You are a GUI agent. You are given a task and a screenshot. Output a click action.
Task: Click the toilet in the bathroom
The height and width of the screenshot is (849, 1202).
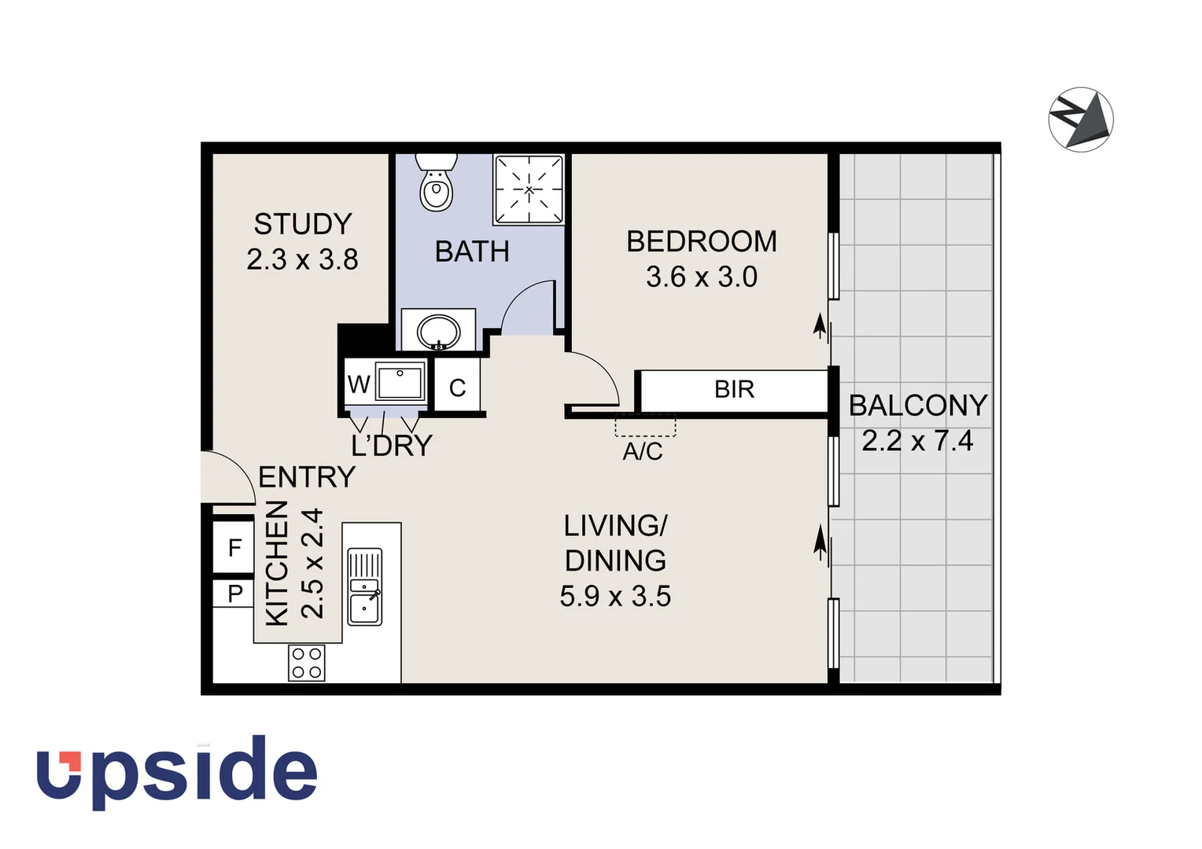pos(436,185)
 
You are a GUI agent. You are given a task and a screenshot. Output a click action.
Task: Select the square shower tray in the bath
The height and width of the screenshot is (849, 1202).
pos(529,189)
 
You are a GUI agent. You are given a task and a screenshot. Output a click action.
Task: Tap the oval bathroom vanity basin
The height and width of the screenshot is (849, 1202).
pos(438,330)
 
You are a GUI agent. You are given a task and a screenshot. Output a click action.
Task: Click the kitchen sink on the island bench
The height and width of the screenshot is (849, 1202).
pos(364,586)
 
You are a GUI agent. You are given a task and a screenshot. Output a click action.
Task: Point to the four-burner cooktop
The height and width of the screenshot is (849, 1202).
pos(306,662)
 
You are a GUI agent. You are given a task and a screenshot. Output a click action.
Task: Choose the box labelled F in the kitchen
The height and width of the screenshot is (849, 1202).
pos(234,547)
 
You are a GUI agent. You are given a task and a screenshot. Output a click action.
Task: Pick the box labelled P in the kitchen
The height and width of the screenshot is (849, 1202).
pos(234,594)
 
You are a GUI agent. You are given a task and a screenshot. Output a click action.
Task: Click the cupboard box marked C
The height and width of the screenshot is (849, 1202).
pos(457,388)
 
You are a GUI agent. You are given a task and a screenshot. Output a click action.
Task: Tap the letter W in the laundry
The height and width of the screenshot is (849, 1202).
pos(359,384)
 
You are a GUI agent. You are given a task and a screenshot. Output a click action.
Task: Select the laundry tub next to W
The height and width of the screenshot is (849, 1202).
pos(400,383)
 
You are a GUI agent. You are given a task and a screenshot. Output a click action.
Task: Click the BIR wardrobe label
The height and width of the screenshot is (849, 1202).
pos(734,389)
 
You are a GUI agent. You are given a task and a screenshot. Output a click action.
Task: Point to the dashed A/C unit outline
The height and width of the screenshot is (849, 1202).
pos(645,425)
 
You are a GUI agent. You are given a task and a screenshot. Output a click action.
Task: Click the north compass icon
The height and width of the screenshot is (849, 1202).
pos(1081,119)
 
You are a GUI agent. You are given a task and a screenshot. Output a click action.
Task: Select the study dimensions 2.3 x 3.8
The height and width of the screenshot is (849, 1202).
pos(302,259)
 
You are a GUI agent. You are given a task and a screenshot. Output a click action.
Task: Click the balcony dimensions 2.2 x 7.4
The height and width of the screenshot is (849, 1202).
pos(917,441)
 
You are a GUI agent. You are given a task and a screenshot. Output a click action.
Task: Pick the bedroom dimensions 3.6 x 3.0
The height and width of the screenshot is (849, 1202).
pos(701,277)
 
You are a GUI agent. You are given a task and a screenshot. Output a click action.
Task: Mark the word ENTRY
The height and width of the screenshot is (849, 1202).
pos(306,477)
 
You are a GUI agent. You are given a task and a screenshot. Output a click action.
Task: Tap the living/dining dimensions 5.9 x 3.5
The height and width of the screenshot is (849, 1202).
pos(615,596)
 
